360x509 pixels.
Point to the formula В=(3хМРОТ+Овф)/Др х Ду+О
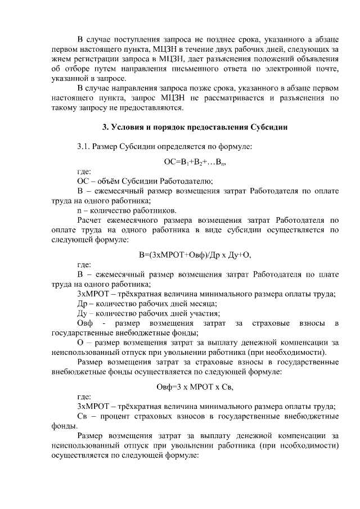click(x=195, y=254)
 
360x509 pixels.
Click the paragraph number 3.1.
click(x=84, y=147)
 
